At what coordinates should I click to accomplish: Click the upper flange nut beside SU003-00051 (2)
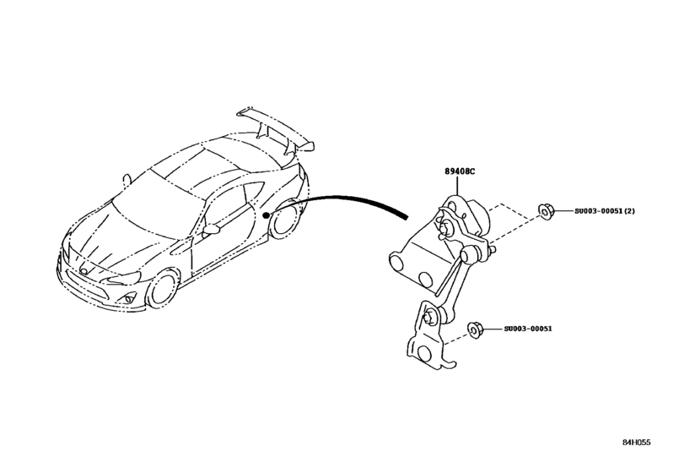546,211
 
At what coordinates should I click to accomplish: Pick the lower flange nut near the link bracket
474,328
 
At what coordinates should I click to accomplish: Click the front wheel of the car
161,287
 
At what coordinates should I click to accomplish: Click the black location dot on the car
266,216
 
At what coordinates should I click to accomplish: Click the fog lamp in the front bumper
128,298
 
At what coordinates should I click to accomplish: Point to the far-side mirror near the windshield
127,179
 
